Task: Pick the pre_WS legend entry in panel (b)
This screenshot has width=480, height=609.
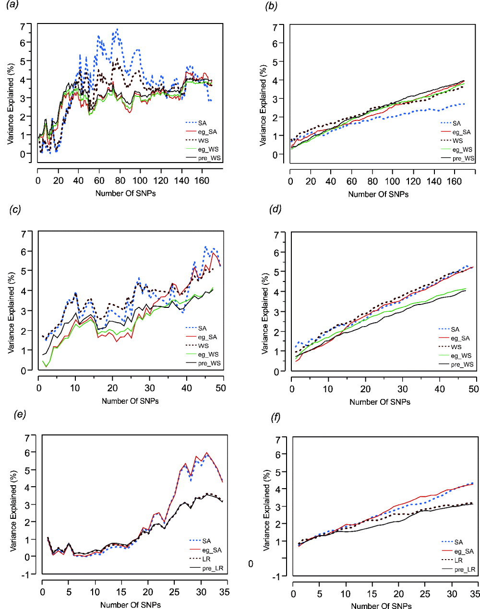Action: click(x=463, y=158)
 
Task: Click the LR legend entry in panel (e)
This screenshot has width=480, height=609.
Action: click(x=206, y=559)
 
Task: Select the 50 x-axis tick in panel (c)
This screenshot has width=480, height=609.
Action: click(x=220, y=388)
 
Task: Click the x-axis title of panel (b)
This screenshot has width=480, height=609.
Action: click(x=378, y=194)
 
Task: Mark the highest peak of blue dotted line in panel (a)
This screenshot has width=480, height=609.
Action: click(x=117, y=29)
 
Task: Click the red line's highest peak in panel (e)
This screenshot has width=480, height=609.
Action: click(x=207, y=452)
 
